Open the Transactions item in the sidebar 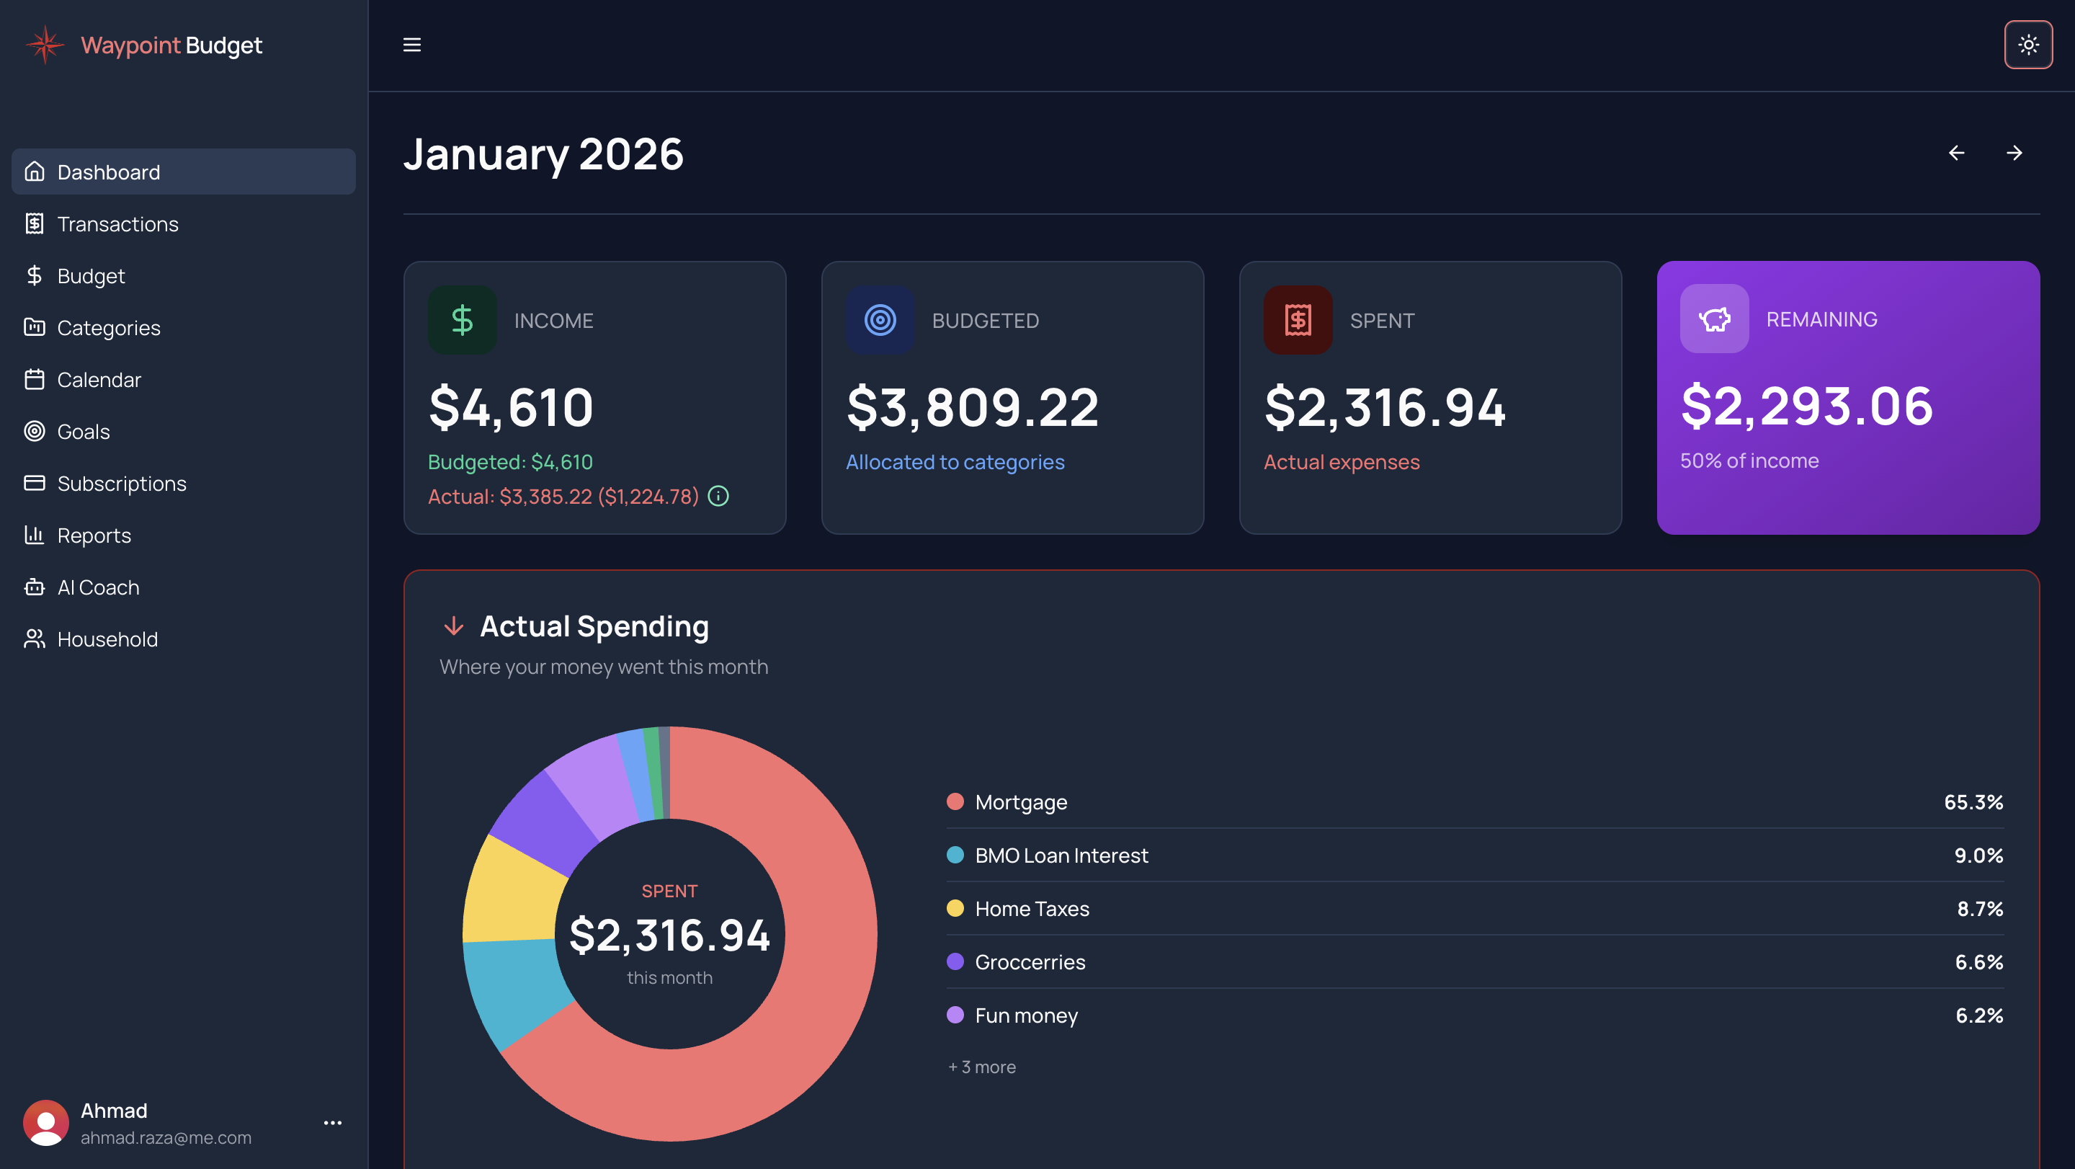(117, 224)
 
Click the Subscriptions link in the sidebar (122, 484)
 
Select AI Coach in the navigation (98, 587)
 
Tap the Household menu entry (107, 639)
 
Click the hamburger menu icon (411, 45)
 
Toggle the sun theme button (2027, 45)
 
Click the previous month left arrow (1956, 153)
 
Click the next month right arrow (2014, 153)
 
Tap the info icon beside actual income (718, 497)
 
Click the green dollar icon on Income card (463, 320)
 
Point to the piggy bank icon (1714, 319)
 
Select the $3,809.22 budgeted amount (972, 407)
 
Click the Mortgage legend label (1021, 802)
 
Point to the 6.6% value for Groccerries (1978, 962)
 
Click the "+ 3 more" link (982, 1067)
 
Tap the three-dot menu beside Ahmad (333, 1122)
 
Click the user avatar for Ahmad (46, 1122)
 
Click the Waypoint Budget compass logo (46, 45)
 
